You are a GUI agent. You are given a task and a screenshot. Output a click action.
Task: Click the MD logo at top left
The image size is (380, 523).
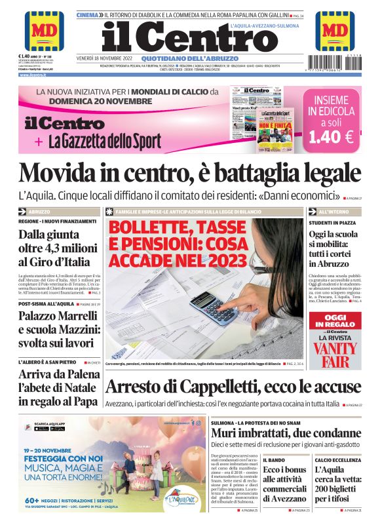click(x=45, y=30)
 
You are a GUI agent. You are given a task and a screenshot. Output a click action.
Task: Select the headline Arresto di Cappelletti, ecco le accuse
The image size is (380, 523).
click(x=233, y=386)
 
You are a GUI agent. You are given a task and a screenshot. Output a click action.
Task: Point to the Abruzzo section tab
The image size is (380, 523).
click(x=39, y=212)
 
